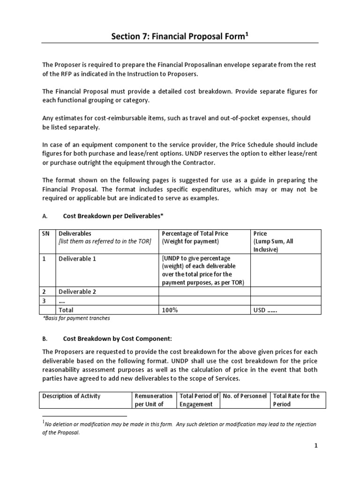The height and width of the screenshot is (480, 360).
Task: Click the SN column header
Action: coord(46,233)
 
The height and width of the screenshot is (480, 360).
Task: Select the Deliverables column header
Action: coord(75,233)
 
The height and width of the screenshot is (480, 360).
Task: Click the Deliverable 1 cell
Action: coord(77,259)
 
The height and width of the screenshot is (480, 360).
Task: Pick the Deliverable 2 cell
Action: coord(77,292)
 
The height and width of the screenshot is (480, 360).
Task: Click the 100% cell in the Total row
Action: coord(170,310)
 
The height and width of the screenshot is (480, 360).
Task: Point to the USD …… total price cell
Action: coord(265,310)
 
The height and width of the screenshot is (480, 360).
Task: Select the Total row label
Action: coord(66,310)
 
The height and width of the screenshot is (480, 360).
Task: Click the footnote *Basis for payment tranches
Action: coord(76,319)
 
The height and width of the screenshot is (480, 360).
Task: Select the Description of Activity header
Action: coord(71,396)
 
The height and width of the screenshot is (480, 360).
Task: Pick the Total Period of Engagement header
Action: coord(199,400)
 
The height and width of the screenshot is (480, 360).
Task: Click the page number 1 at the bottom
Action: coord(316,446)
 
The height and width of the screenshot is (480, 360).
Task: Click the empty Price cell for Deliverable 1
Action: coord(285,270)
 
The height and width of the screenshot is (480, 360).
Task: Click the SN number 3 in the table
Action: coord(45,300)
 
